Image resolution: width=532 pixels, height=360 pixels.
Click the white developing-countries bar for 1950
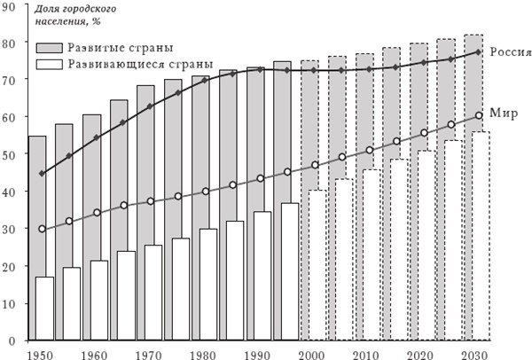(x=44, y=309)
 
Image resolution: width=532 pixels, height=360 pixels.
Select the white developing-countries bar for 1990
(x=262, y=276)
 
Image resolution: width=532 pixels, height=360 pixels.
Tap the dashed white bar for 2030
(x=481, y=236)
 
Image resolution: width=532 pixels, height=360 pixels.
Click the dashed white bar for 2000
(x=310, y=265)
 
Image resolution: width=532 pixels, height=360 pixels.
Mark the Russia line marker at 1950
(x=43, y=174)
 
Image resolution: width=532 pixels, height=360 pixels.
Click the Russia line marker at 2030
(x=479, y=52)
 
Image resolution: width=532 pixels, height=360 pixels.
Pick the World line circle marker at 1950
(x=43, y=229)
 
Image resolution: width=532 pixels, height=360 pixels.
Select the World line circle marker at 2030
(x=479, y=115)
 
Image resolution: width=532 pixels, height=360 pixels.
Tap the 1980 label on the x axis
(x=203, y=352)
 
